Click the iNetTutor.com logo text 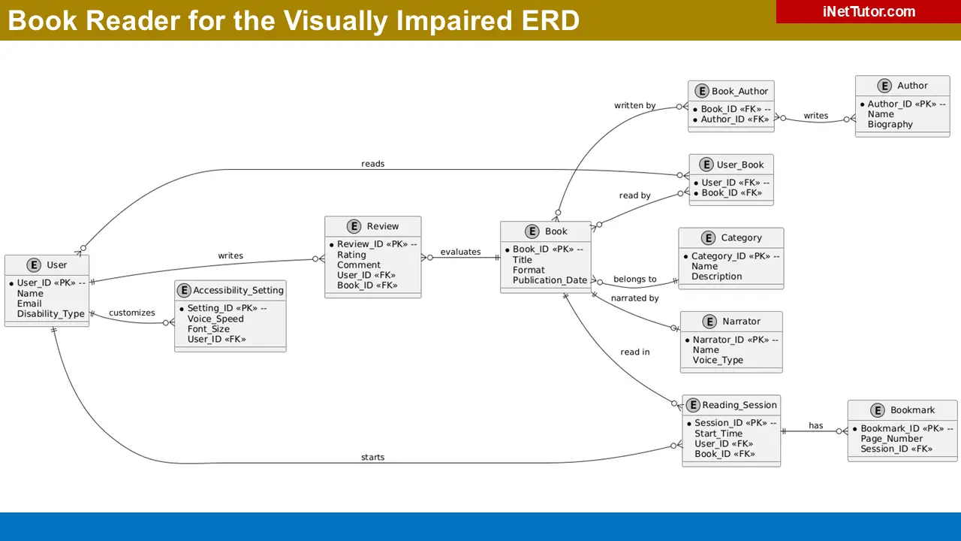click(869, 11)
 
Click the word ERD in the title click(547, 20)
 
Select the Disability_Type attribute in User click(50, 314)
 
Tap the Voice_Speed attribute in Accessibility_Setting click(215, 319)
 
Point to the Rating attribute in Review click(351, 255)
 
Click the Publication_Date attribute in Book click(550, 280)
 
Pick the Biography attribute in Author click(890, 125)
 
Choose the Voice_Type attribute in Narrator click(718, 360)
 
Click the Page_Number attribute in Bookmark click(891, 439)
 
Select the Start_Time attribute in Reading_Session click(718, 434)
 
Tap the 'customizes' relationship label click(131, 313)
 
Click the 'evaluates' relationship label click(460, 252)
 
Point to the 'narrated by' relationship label click(634, 298)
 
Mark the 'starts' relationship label click(372, 457)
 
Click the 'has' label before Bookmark click(815, 426)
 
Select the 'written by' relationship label click(634, 105)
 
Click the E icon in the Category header click(707, 238)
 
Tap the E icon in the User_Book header click(706, 165)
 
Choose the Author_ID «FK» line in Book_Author click(734, 119)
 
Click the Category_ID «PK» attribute click(735, 256)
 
